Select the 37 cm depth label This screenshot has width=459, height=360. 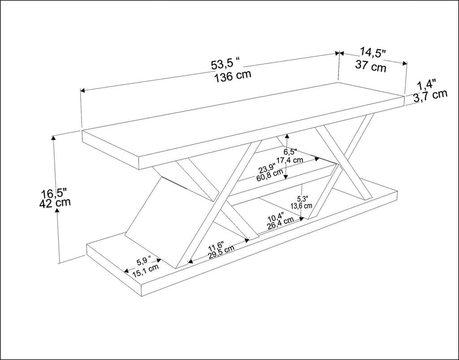[x=371, y=66]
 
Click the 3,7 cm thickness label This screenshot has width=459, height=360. [x=430, y=95]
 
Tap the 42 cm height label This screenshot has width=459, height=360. [x=55, y=203]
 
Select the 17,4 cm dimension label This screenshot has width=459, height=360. [x=290, y=160]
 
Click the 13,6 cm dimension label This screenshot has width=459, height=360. [x=302, y=206]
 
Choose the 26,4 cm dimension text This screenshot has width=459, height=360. [x=280, y=223]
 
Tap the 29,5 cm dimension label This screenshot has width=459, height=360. [x=221, y=252]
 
